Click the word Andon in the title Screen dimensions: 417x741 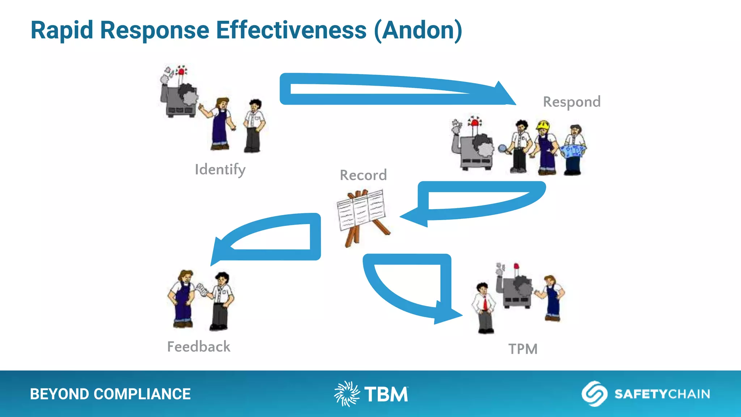[x=418, y=30]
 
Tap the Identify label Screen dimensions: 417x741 [x=220, y=169]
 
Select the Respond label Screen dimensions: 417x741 [x=572, y=102]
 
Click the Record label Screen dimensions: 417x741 [x=363, y=176]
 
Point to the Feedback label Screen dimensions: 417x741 [x=199, y=347]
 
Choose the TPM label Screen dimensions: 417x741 [x=523, y=349]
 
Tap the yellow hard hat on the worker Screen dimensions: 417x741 [x=543, y=125]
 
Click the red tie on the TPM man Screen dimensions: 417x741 [x=485, y=303]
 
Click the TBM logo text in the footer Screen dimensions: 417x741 [x=386, y=395]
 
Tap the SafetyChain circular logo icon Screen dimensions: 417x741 [x=594, y=394]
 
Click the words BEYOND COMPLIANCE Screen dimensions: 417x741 [x=110, y=394]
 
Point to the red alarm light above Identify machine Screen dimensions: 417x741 [x=181, y=71]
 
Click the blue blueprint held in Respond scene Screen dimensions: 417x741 [x=573, y=151]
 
